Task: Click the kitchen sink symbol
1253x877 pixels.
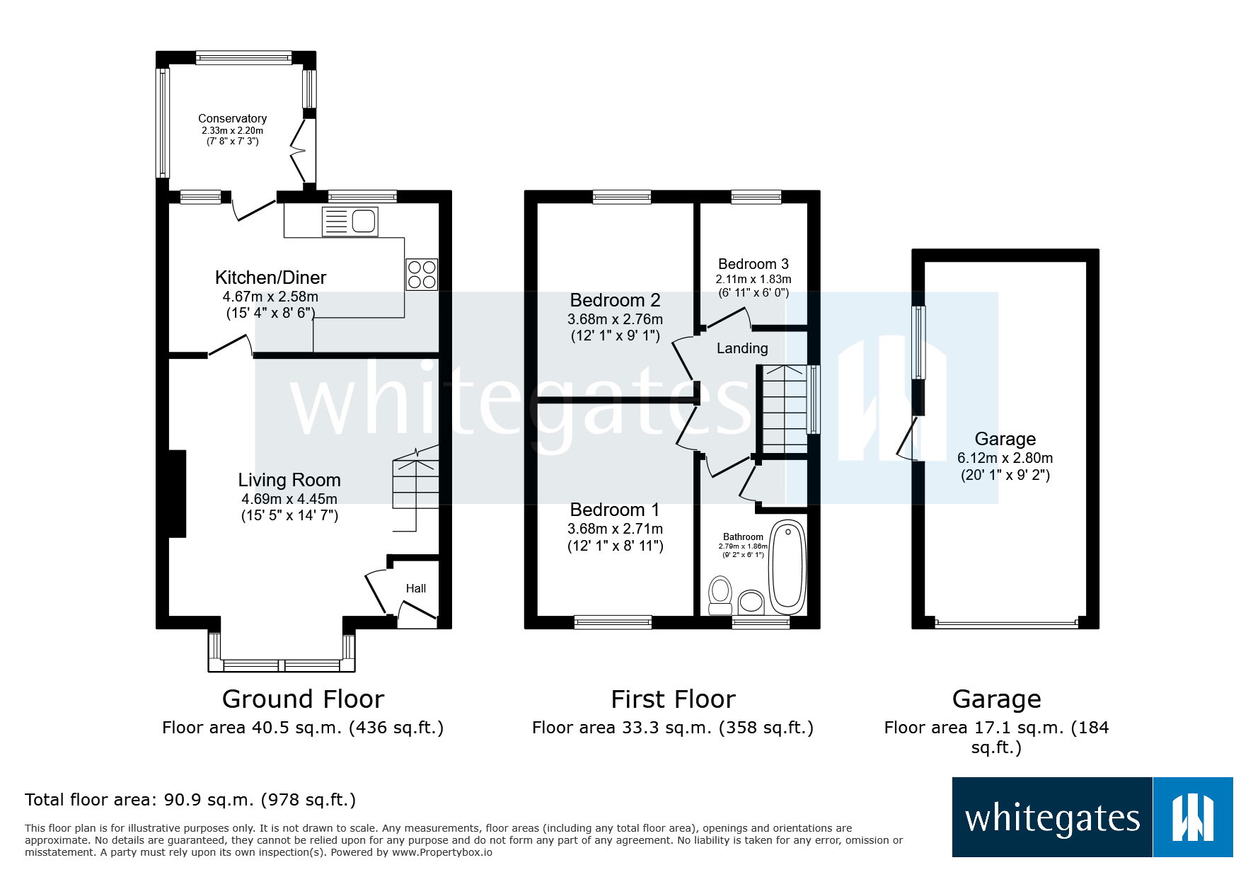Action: pos(350,222)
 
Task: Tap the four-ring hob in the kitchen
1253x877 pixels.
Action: pos(422,275)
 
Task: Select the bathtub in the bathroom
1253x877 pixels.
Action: pos(787,568)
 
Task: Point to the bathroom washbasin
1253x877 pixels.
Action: pos(751,602)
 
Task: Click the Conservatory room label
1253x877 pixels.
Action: pos(232,119)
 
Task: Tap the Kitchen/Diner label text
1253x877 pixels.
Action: pos(270,277)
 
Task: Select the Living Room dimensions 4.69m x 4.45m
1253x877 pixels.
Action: pos(289,499)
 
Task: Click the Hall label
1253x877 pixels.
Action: pos(416,588)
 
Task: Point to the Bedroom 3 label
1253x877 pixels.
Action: pos(753,264)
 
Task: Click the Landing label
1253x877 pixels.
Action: pos(741,348)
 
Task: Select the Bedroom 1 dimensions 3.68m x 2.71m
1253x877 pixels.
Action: pos(615,529)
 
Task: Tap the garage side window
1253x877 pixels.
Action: pos(918,343)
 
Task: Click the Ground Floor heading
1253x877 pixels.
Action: pos(303,699)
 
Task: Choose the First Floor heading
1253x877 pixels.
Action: pos(673,699)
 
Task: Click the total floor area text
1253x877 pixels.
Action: pos(190,800)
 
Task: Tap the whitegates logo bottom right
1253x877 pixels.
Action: pos(1092,818)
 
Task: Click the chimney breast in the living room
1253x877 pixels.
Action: pos(177,493)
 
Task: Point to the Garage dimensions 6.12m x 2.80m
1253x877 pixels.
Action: pos(1005,458)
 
